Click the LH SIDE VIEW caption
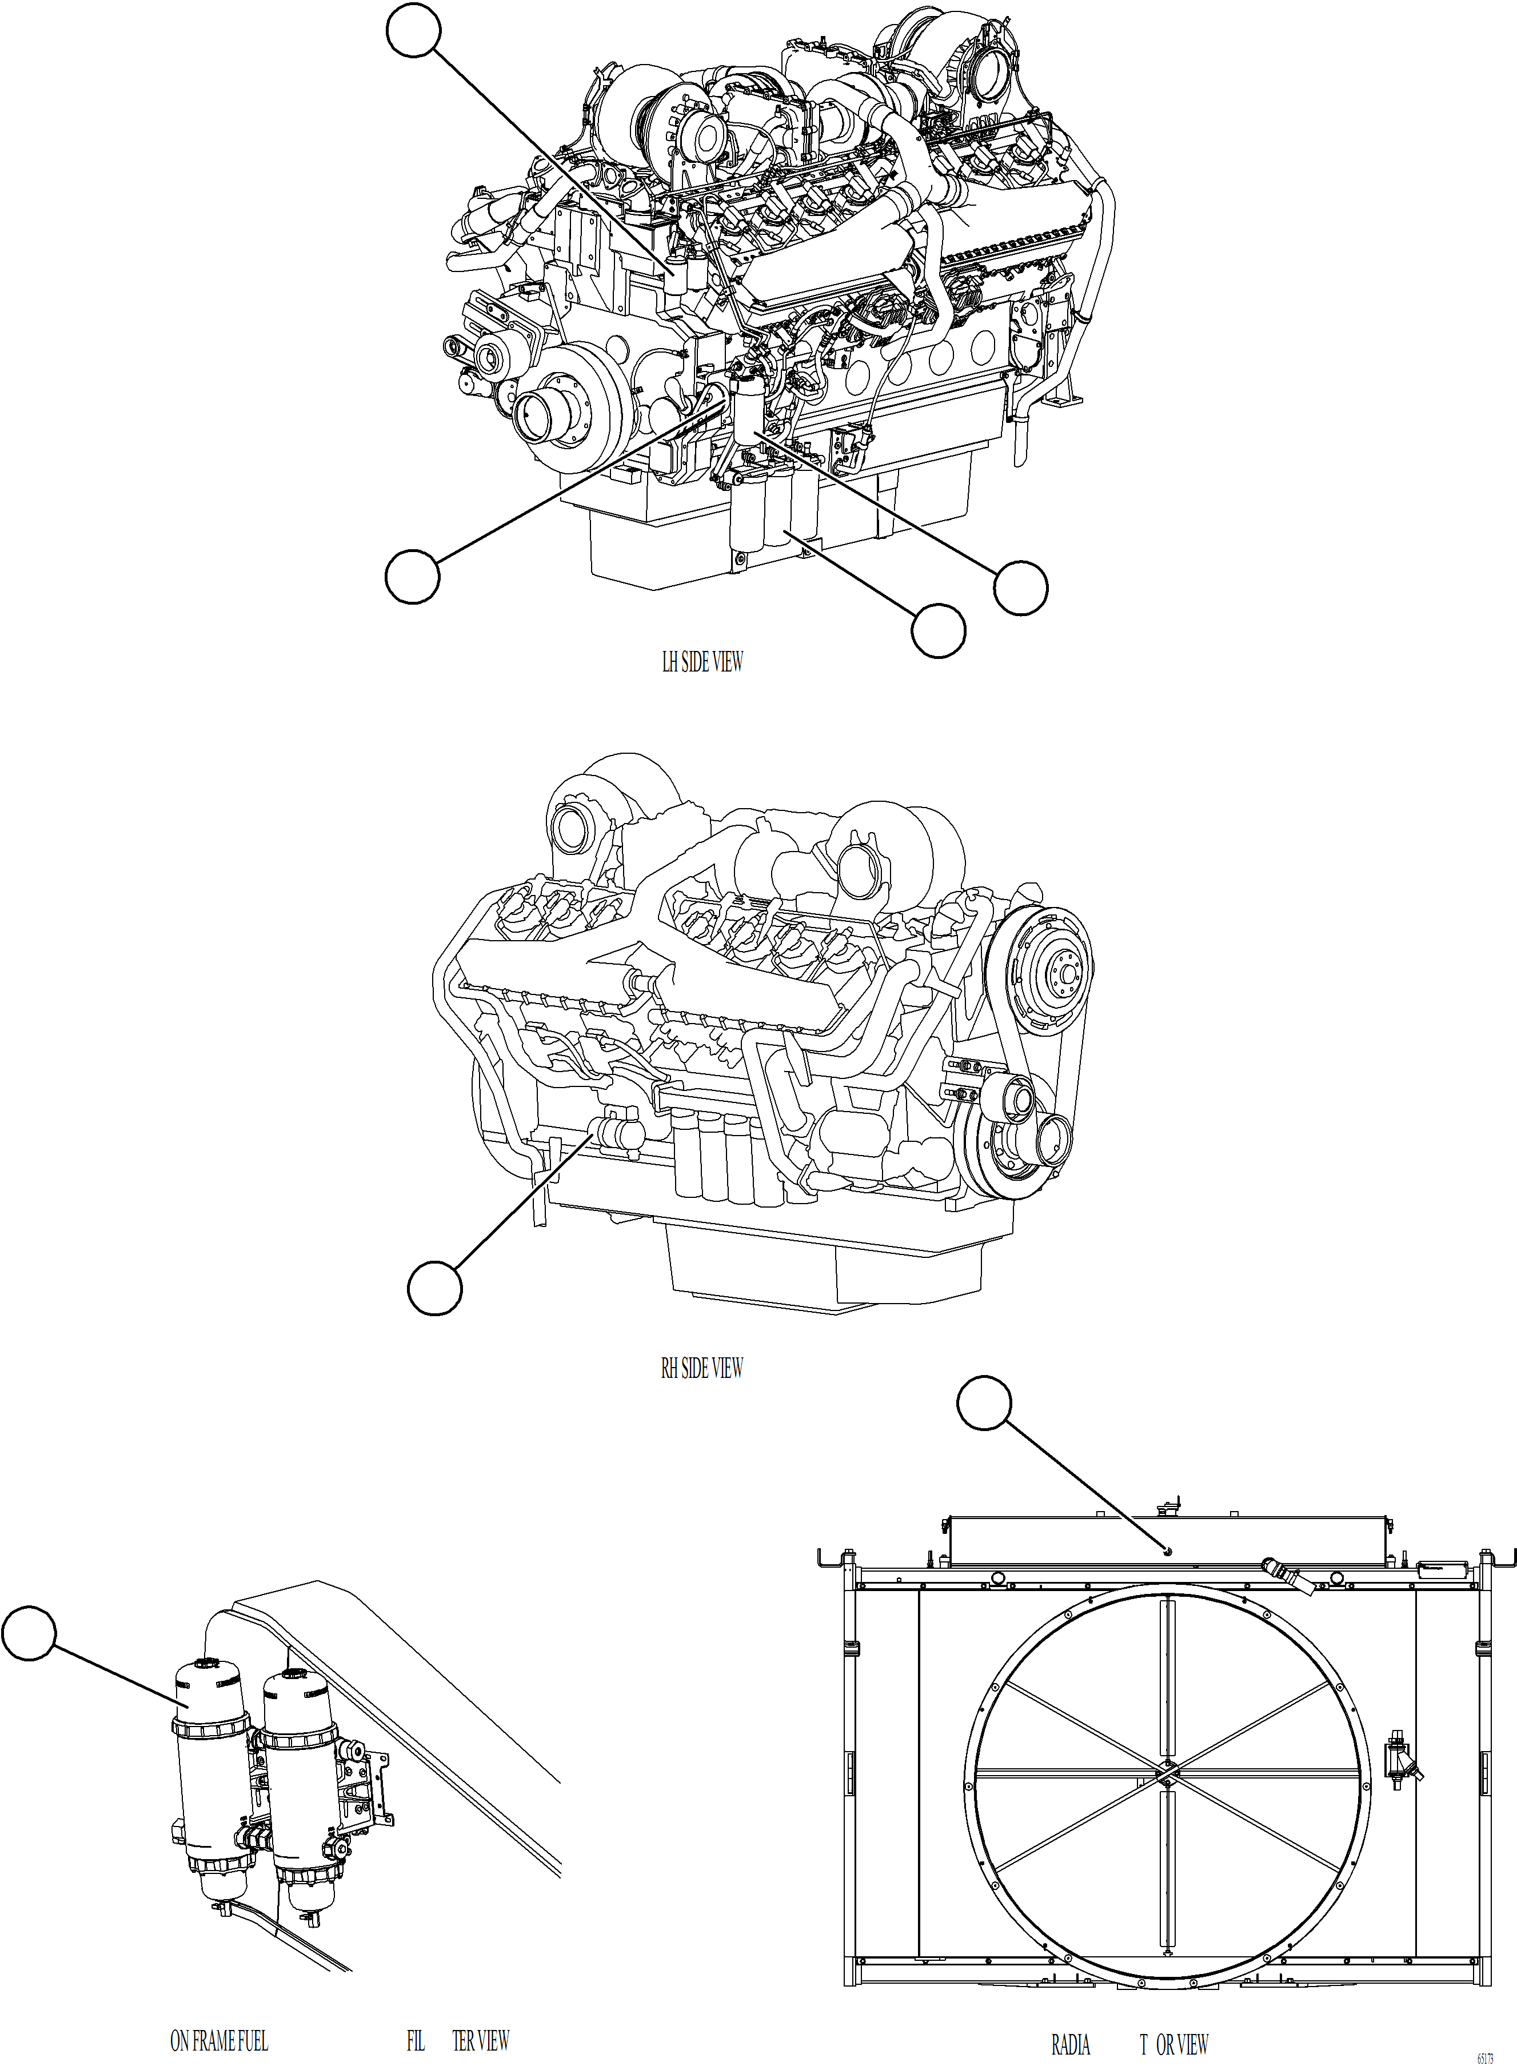(702, 662)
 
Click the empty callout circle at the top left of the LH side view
(413, 30)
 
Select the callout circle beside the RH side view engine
(434, 1288)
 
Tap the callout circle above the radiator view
(984, 1402)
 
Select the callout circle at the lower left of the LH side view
(412, 577)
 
